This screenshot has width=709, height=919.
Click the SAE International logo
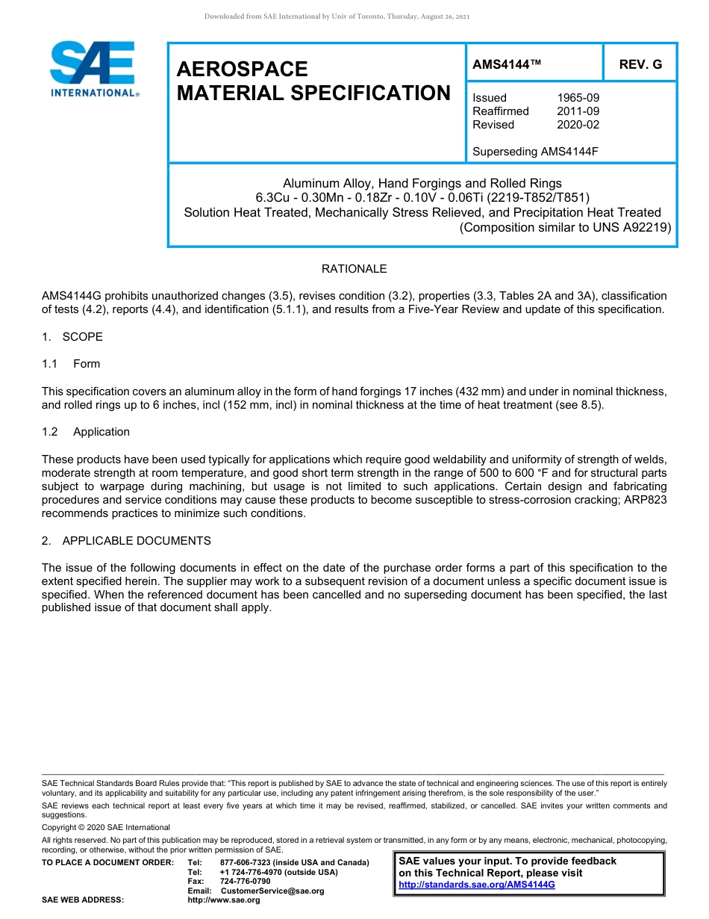93,69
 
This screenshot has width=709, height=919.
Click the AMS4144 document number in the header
506,65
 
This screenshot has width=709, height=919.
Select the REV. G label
640,65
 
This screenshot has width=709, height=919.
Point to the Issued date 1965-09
578,98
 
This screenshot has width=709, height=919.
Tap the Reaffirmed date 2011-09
578,111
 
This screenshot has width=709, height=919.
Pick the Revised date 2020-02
578,125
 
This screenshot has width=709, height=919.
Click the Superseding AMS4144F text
535,152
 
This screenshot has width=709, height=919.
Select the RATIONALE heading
354,269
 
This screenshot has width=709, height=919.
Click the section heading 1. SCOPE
72,337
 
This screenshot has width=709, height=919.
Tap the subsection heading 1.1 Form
71,364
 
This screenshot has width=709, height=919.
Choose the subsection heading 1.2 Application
86,432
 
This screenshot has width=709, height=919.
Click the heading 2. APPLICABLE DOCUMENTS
126,541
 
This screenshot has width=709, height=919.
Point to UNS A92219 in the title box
634,227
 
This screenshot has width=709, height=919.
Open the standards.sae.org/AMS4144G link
477,885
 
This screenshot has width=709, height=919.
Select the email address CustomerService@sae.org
272,891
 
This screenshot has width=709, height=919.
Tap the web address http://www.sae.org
224,900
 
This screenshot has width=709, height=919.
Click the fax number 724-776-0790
246,882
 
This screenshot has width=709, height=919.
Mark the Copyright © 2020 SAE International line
106,828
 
